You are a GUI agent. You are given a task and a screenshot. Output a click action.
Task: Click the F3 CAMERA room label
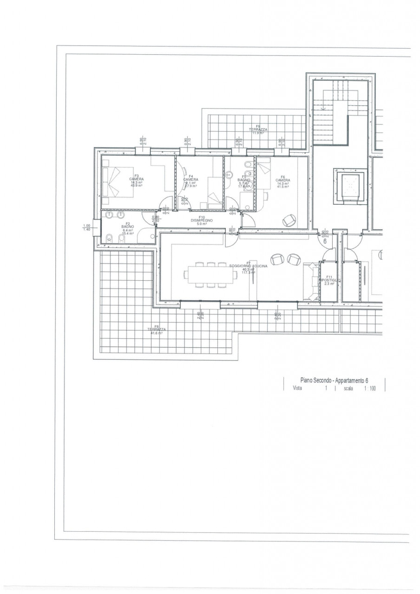[137, 179]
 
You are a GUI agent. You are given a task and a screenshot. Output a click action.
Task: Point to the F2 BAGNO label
[128, 227]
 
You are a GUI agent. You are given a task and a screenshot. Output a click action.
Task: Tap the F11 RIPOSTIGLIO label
[330, 280]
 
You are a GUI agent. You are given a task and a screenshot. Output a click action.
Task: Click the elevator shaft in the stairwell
[350, 187]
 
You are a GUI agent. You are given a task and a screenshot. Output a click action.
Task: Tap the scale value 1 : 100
[370, 388]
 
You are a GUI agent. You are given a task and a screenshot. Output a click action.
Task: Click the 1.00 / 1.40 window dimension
[86, 227]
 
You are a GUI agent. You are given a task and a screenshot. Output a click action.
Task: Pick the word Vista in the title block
[297, 388]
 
